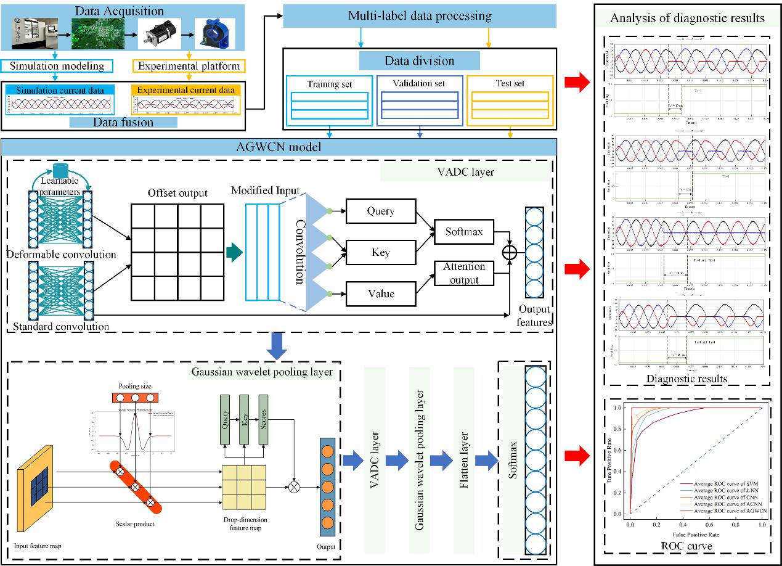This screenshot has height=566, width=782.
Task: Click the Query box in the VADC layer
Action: click(380, 211)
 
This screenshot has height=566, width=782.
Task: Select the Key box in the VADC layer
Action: click(380, 253)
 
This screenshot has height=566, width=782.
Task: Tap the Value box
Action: click(380, 293)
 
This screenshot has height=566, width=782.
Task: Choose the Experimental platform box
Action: click(189, 65)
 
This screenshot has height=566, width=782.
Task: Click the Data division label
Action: click(419, 60)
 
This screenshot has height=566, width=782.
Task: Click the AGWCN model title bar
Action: click(279, 147)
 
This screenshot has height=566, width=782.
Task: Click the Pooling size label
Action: click(136, 386)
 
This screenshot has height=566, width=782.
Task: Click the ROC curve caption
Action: click(687, 546)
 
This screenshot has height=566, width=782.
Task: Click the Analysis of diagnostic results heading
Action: click(686, 18)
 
